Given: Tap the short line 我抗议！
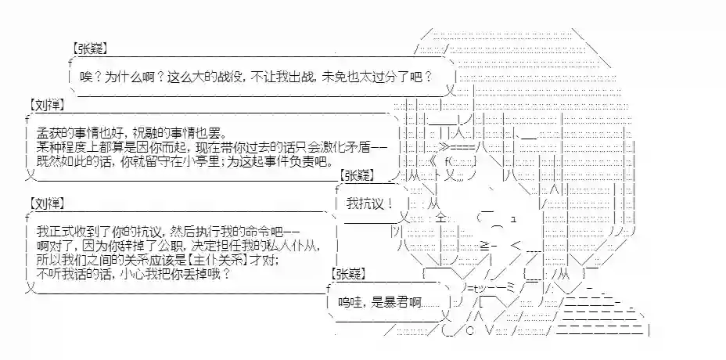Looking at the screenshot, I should tap(368, 203).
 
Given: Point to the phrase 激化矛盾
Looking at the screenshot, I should tap(356, 148).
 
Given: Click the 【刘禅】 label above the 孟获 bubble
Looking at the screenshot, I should tap(46, 104).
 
